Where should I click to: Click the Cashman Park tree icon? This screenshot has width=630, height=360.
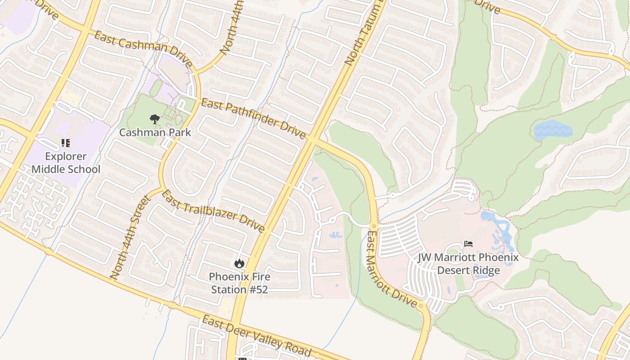(x=154, y=119)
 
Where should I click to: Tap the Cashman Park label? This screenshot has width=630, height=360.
(x=155, y=133)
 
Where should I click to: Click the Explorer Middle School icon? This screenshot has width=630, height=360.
(x=66, y=144)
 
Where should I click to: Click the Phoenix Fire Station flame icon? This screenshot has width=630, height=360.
(x=239, y=263)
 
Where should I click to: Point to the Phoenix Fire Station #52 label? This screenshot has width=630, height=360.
(x=239, y=283)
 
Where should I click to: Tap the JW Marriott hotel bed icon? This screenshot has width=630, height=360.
(x=468, y=244)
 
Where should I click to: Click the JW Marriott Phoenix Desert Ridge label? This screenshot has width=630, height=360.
(x=468, y=264)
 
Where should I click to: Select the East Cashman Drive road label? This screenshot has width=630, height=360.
(x=144, y=49)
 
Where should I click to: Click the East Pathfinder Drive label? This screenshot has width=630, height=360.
(x=253, y=119)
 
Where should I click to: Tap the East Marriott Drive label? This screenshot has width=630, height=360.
(x=391, y=270)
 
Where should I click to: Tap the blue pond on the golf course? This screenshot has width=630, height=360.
(x=553, y=130)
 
